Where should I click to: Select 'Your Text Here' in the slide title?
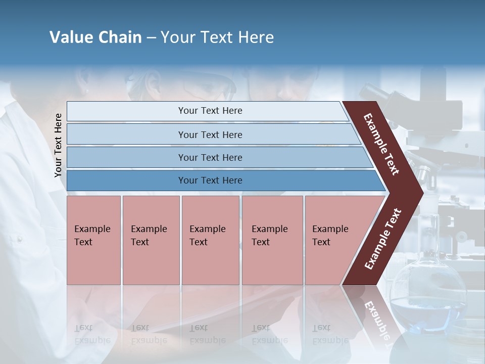click(x=217, y=37)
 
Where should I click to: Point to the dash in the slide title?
click(x=151, y=38)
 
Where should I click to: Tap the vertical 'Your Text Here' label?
click(x=58, y=145)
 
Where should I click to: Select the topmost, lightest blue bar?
click(x=210, y=111)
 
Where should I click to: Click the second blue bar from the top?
click(x=210, y=134)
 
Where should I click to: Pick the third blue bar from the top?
click(x=210, y=157)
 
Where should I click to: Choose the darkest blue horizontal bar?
click(x=210, y=180)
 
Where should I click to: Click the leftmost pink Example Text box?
click(x=93, y=240)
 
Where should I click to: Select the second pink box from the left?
click(x=151, y=240)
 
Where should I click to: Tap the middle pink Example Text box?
click(x=210, y=240)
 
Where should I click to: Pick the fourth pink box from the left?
click(x=272, y=240)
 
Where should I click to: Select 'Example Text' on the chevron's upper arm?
click(x=381, y=144)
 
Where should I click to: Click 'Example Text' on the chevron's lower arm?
click(x=382, y=239)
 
